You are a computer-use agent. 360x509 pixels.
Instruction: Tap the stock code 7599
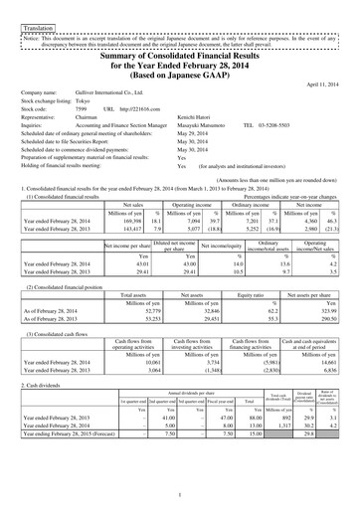[85, 107]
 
